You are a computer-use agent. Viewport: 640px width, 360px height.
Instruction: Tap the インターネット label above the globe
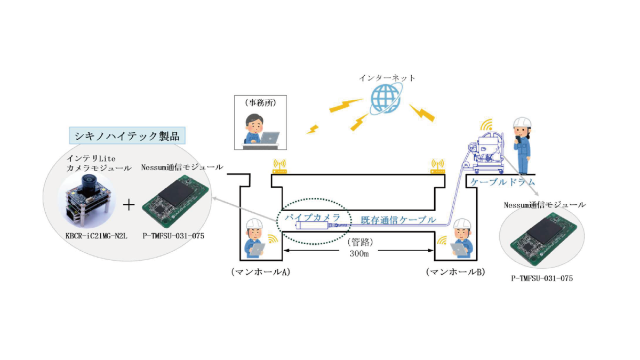(387, 78)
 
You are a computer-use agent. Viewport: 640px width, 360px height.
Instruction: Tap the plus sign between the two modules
(129, 205)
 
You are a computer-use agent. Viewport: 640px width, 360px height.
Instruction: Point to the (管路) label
(358, 242)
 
